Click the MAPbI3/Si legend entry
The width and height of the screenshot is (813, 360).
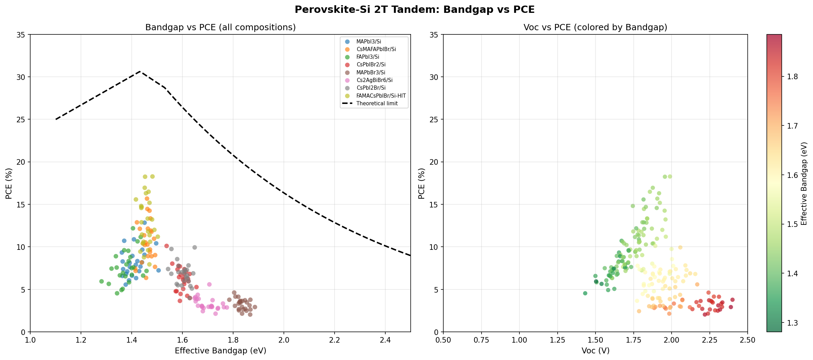click(x=368, y=42)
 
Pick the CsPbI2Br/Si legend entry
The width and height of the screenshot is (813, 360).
click(x=371, y=88)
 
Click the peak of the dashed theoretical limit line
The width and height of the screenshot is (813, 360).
click(x=140, y=72)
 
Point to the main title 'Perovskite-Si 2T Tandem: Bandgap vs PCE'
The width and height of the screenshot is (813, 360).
click(x=414, y=10)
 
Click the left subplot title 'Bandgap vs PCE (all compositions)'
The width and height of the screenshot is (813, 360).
click(x=220, y=27)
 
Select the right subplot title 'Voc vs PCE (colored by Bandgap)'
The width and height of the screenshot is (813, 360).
click(x=595, y=27)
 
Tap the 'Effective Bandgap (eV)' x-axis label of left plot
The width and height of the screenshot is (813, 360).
click(x=220, y=351)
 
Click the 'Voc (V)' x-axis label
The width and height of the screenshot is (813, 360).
click(x=595, y=351)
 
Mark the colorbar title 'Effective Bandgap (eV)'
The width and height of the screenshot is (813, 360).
click(x=804, y=183)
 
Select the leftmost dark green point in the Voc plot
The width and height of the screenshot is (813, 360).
click(x=585, y=293)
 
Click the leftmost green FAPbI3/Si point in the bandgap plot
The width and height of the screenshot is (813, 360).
click(x=101, y=281)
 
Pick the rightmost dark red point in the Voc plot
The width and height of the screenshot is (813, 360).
click(x=732, y=300)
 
